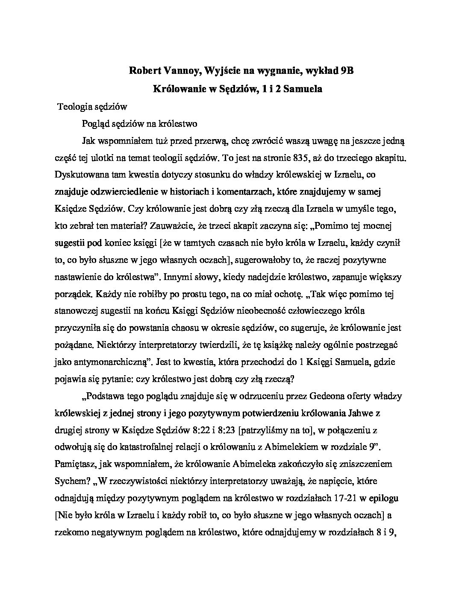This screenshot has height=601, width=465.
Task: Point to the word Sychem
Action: coord(72,481)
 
